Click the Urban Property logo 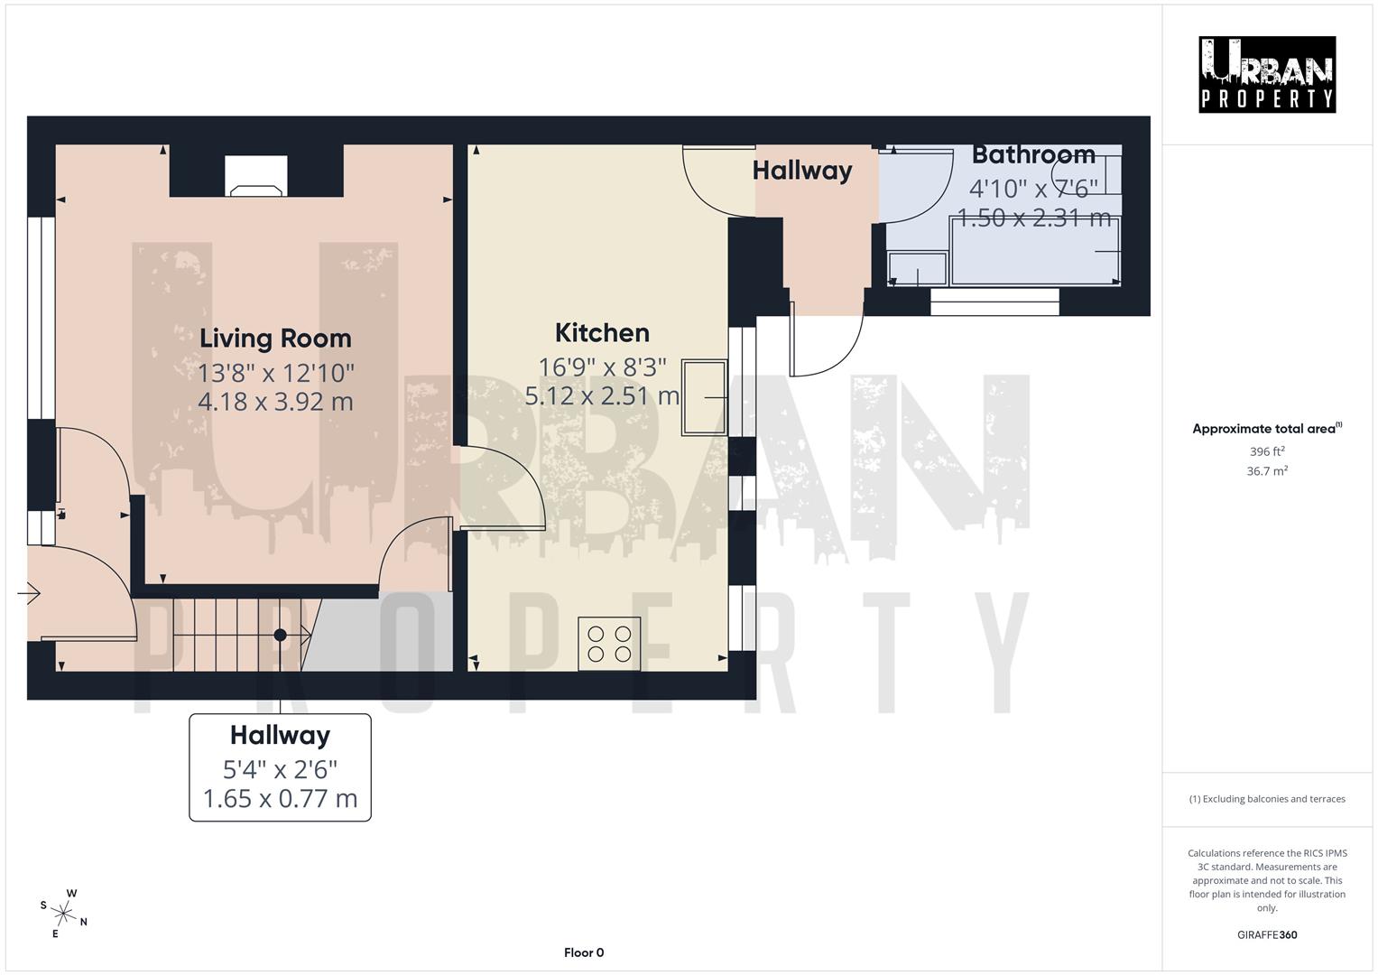(x=1267, y=74)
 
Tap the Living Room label (x=275, y=339)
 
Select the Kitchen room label (x=602, y=333)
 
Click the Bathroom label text (x=1033, y=154)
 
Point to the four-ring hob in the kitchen (x=609, y=643)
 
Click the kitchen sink (x=705, y=397)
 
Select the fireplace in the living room (x=256, y=177)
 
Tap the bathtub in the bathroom (x=1035, y=251)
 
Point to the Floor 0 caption (x=584, y=952)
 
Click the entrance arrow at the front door (x=29, y=593)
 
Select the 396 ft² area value (x=1267, y=451)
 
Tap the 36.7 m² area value (x=1267, y=471)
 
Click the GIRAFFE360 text (x=1267, y=934)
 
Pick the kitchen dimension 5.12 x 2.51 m (x=602, y=395)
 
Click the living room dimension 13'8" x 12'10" (x=276, y=372)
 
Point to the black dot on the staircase (x=280, y=635)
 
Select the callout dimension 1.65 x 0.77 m (x=280, y=799)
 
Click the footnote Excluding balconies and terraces (x=1267, y=799)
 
